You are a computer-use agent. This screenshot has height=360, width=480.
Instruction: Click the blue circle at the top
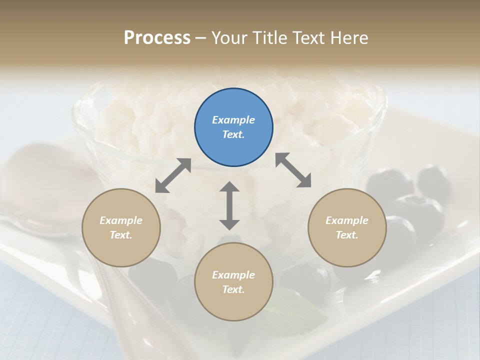[233, 127]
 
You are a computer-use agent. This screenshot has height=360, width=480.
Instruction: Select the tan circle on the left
[121, 227]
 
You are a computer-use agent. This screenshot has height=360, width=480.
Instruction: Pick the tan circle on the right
[347, 227]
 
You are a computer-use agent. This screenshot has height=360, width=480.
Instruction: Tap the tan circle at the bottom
[233, 282]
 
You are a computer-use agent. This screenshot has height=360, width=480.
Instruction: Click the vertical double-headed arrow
[229, 205]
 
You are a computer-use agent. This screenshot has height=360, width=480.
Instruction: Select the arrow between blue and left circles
[173, 175]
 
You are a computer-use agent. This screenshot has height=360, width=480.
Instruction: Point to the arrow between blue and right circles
[293, 170]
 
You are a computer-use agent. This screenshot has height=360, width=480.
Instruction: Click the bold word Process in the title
[157, 38]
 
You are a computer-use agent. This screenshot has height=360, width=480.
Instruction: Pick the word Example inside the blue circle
[233, 120]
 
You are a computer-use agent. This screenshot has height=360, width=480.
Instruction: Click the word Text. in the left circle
[121, 235]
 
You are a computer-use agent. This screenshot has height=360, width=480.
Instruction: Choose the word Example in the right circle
[347, 220]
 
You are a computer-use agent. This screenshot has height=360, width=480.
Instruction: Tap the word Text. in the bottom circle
[233, 289]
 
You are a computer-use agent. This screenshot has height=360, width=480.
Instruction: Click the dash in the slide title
[201, 38]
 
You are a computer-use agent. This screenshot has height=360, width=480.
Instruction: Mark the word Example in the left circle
[121, 220]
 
